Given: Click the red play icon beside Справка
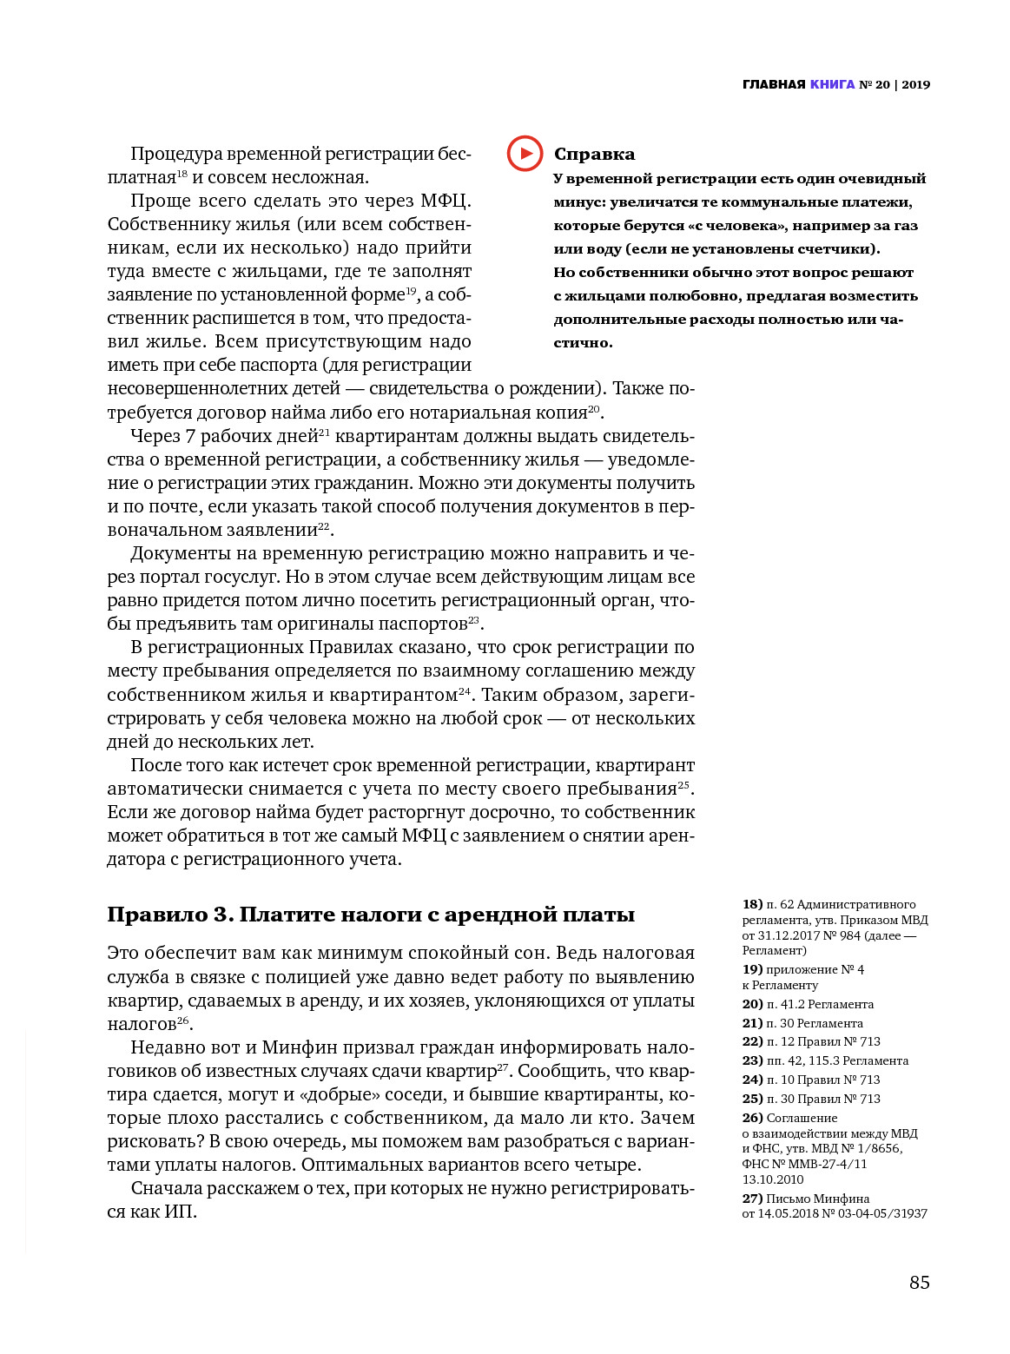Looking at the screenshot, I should [525, 154].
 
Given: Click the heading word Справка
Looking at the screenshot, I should [594, 155].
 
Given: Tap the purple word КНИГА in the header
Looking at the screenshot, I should [832, 84].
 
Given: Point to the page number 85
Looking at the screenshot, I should [919, 1282].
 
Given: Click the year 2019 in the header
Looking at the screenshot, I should [915, 84].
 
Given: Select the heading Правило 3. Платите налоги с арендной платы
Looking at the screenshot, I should [371, 915].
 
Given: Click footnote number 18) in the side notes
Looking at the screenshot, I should [752, 904].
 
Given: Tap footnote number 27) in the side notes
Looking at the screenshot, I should [752, 1199].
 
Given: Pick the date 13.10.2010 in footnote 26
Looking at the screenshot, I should [773, 1179].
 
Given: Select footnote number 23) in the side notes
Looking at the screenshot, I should [752, 1060].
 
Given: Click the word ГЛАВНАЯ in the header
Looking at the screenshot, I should [774, 84].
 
